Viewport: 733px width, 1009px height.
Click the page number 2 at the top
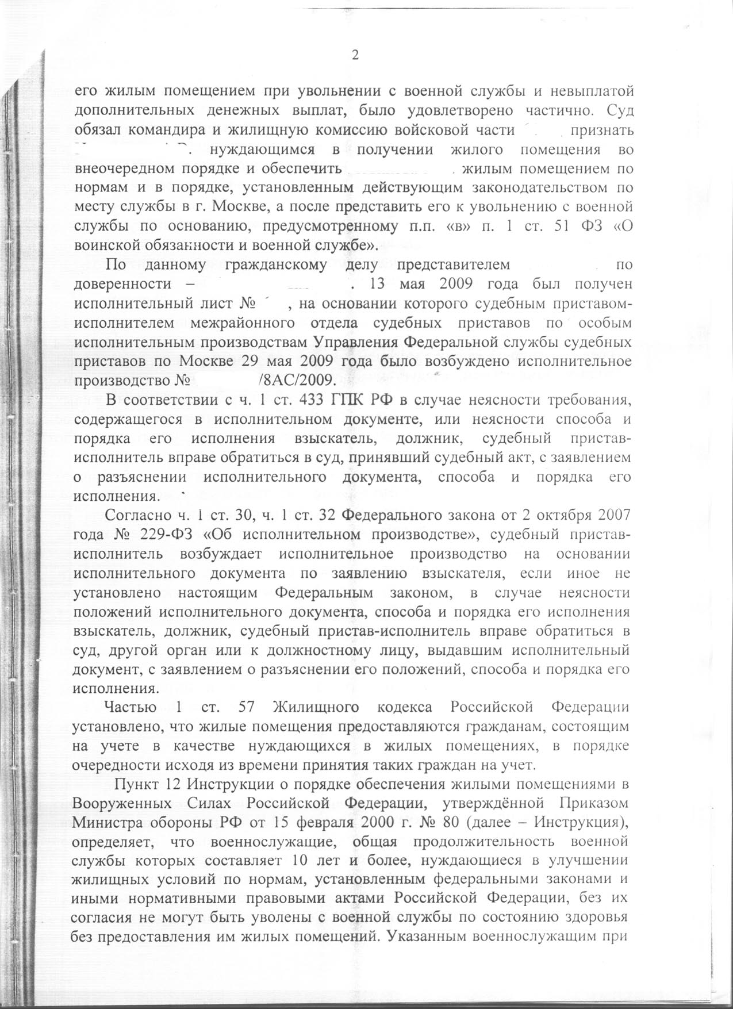[355, 55]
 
